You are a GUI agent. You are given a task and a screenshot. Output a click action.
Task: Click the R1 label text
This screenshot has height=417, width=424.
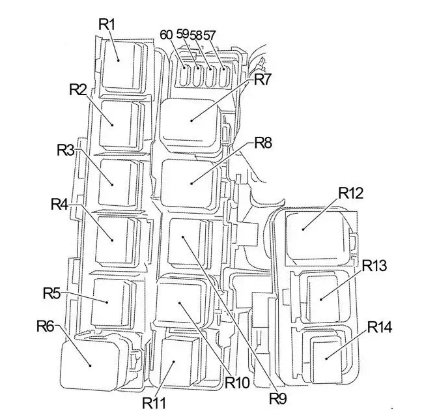coord(107,23)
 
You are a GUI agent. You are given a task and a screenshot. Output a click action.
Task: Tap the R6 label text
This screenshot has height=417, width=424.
coord(46,325)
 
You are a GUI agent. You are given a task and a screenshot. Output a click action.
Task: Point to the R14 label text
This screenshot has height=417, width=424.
coord(380,326)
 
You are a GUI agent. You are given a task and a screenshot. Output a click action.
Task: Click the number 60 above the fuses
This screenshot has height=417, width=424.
coord(166,34)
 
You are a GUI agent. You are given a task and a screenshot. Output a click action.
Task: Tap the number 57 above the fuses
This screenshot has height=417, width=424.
coord(210,34)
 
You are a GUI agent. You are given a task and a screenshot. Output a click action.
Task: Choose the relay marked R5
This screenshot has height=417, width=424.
coord(111,302)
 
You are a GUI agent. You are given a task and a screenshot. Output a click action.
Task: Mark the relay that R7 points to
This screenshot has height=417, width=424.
coord(191,120)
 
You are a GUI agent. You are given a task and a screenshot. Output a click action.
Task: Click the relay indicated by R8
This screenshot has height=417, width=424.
coord(191,182)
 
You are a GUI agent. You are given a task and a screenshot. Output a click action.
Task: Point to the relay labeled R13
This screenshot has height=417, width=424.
coord(324,296)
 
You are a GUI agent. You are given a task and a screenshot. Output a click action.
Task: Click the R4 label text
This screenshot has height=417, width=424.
coord(59,204)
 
